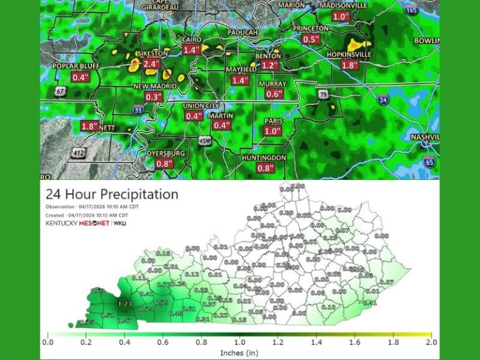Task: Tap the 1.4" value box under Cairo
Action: [x=192, y=50]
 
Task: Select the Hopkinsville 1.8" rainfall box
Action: [x=349, y=65]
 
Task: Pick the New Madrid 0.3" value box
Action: [x=153, y=97]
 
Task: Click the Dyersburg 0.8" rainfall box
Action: [x=164, y=164]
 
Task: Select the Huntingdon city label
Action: [x=264, y=158]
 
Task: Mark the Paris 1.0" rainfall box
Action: [x=272, y=131]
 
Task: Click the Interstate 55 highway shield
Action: [x=138, y=109]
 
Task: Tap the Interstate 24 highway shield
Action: [x=382, y=99]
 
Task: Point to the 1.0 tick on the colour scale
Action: [x=239, y=342]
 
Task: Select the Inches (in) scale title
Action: [x=239, y=352]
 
